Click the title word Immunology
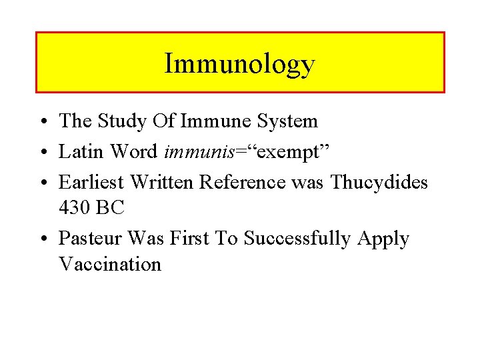tap(239, 65)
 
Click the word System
tap(287, 121)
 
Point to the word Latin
tap(81, 151)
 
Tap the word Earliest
tap(93, 181)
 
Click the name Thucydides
tap(379, 181)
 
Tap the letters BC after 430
tap(111, 207)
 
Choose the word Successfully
tap(297, 239)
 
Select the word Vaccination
tap(110, 264)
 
